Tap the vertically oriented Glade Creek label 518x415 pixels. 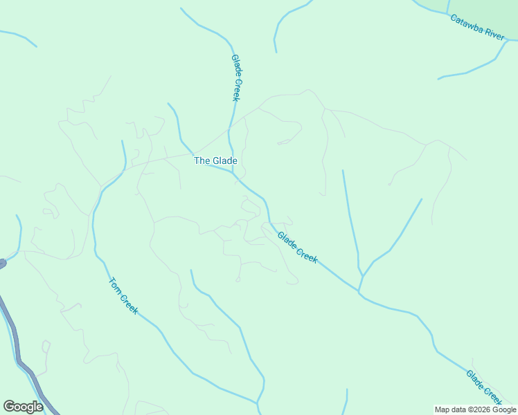click(x=235, y=78)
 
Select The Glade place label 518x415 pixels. click(x=215, y=161)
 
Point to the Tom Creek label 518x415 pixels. click(x=123, y=295)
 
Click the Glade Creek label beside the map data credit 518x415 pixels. click(x=483, y=387)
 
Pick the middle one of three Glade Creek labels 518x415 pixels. click(x=297, y=247)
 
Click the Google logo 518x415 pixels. click(x=23, y=407)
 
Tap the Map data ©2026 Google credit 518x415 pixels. click(x=475, y=409)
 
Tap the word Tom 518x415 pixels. click(x=115, y=285)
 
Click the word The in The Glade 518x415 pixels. click(x=202, y=161)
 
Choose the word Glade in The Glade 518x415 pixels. click(x=224, y=161)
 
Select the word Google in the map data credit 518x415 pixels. click(x=503, y=409)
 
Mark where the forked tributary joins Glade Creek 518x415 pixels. click(x=359, y=289)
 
